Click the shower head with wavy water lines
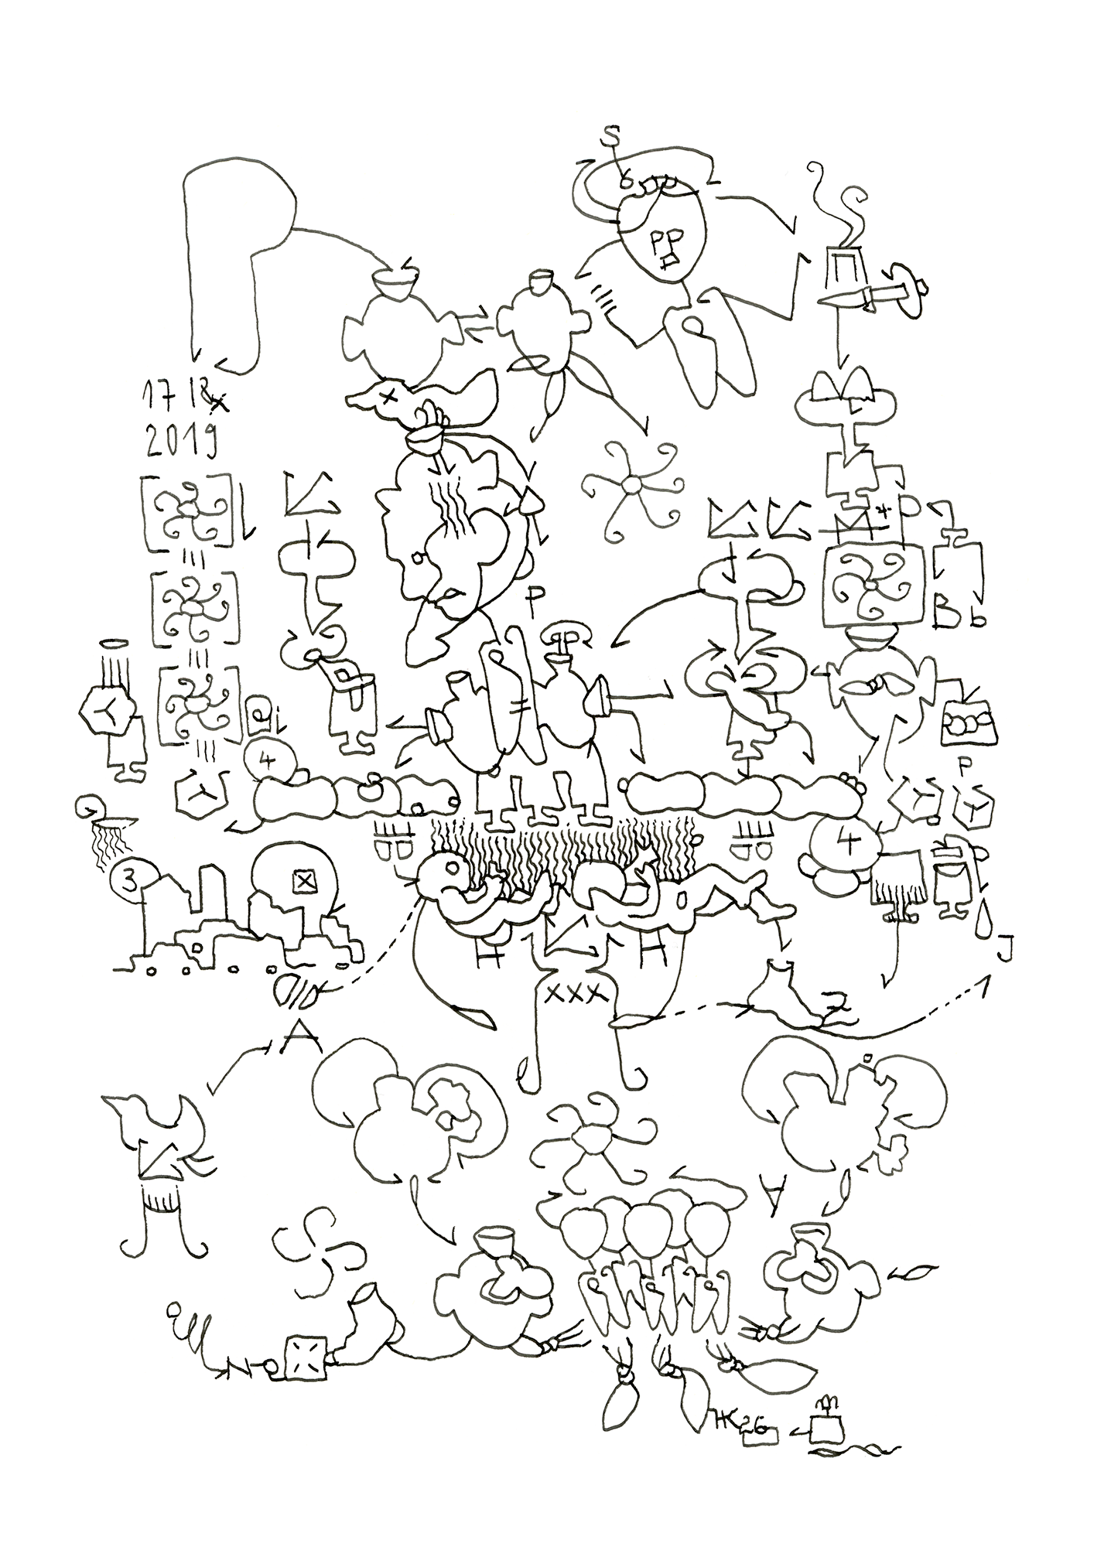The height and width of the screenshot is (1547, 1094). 111,832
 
